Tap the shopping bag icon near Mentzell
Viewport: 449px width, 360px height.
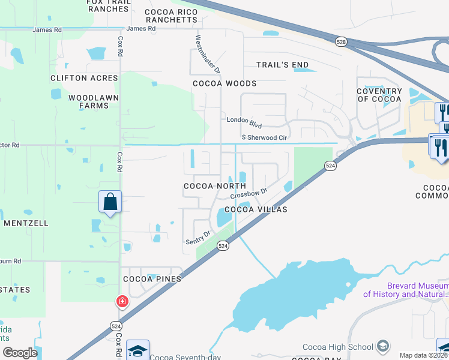point(110,202)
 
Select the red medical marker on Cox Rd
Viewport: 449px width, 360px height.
point(122,301)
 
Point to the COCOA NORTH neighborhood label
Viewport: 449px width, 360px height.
point(214,186)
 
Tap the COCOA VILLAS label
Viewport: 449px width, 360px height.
point(256,209)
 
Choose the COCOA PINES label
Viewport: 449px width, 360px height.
point(152,279)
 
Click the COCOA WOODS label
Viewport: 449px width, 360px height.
point(224,83)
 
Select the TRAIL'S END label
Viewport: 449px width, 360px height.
point(282,65)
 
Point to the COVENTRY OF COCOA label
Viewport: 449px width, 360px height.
point(379,95)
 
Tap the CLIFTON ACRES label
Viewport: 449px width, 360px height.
point(85,78)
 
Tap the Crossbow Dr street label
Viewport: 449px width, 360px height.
point(248,196)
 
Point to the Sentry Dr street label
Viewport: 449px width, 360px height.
point(199,238)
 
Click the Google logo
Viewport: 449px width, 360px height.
point(20,353)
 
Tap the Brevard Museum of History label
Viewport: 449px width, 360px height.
point(405,290)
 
